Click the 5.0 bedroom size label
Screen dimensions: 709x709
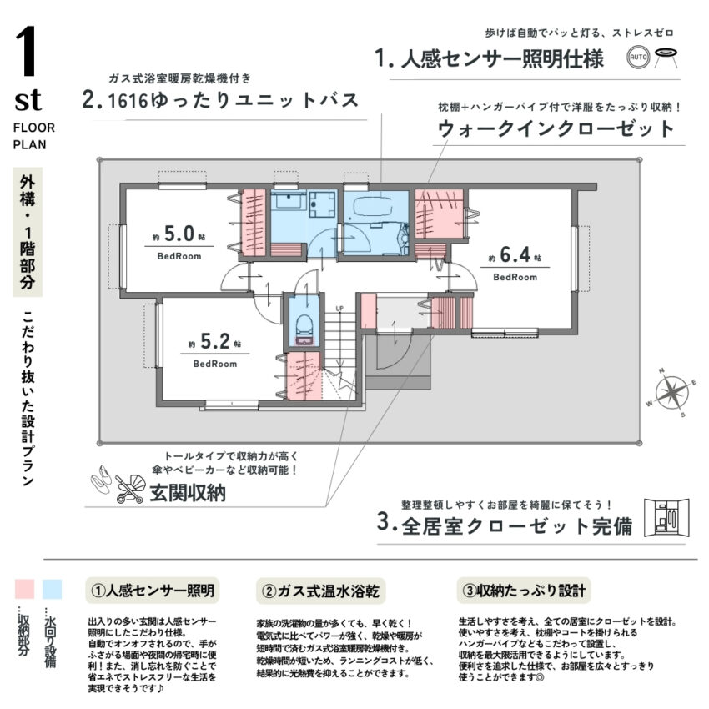point(179,234)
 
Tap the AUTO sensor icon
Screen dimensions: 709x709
point(638,58)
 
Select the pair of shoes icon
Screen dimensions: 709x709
point(101,481)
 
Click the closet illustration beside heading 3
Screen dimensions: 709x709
point(667,519)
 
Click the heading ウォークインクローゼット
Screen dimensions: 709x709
point(556,129)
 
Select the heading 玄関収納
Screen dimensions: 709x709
point(187,494)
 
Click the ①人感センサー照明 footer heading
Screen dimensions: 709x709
point(153,591)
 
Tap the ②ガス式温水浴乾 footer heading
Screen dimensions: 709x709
point(320,591)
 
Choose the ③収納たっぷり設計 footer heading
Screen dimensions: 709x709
point(522,591)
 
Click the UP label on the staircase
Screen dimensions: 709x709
point(339,309)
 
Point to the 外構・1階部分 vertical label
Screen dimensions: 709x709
point(28,235)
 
